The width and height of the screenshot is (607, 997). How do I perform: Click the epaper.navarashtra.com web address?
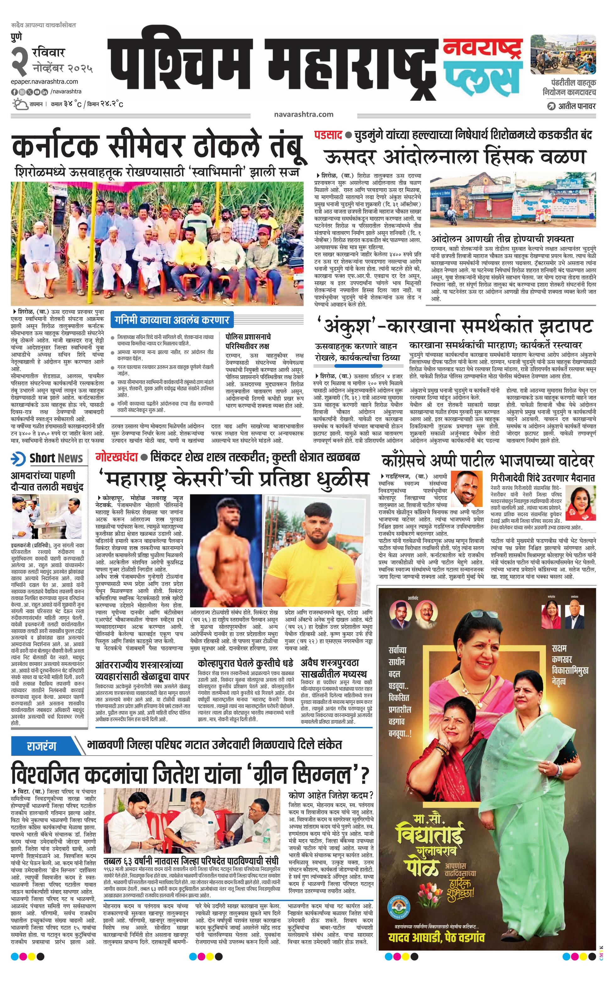[45, 81]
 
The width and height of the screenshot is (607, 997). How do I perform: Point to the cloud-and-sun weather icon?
[19, 104]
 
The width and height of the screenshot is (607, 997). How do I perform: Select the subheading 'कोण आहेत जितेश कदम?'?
[331, 794]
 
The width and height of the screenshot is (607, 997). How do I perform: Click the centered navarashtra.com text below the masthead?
[303, 114]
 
